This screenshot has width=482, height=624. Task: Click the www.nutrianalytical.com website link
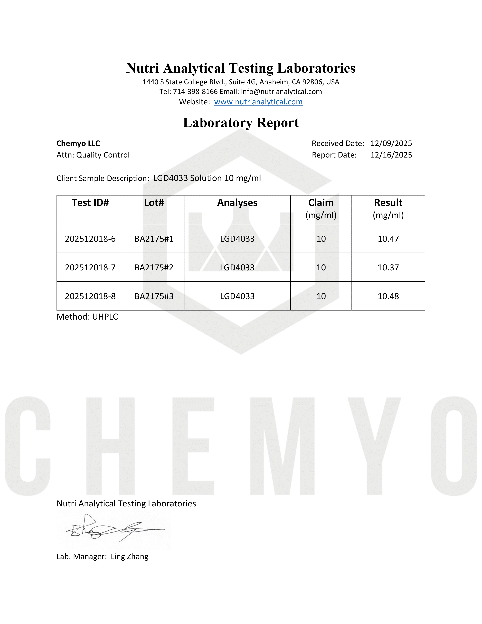point(258,102)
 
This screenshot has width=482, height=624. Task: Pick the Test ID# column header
point(90,203)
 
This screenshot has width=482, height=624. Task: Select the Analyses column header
point(237,203)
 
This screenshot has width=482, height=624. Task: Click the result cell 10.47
point(388,239)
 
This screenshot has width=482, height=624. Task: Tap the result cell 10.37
point(388,268)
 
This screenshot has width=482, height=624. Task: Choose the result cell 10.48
point(388,296)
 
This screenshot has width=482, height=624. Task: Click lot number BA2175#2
point(154,268)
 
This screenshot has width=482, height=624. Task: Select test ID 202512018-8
point(90,296)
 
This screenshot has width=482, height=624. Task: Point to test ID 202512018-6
point(90,239)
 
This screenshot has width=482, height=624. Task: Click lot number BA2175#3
point(154,296)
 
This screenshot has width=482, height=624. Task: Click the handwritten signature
point(114,530)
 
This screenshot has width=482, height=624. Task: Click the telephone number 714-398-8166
point(195,92)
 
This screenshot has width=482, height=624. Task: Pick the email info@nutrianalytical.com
point(281,92)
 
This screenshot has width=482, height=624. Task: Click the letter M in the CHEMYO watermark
point(282,446)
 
